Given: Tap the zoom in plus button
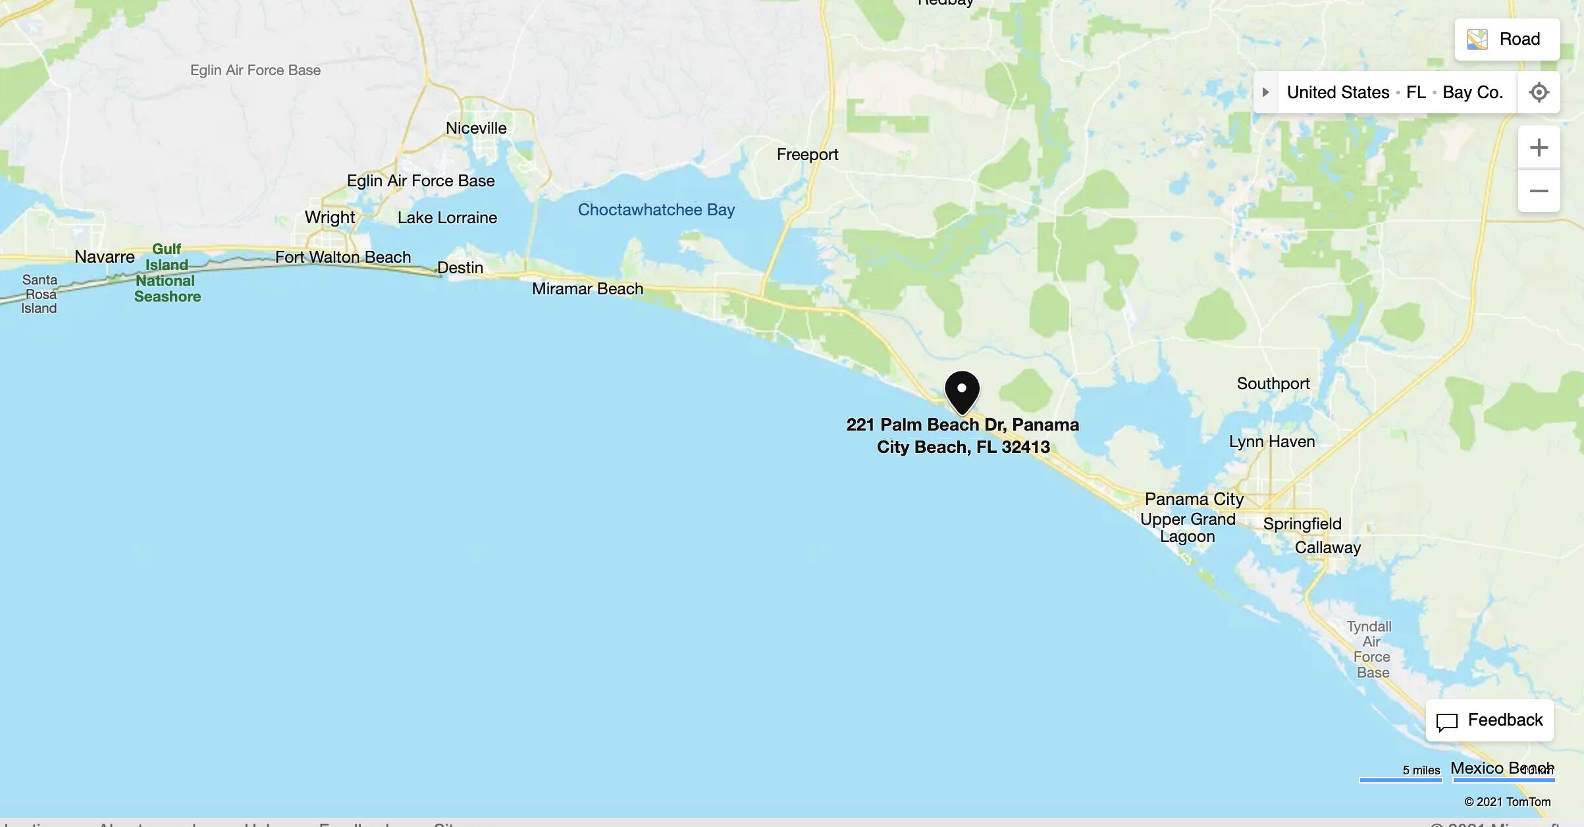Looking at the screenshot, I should point(1539,147).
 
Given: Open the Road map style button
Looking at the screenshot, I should point(1507,40).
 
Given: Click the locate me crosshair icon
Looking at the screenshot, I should point(1539,92).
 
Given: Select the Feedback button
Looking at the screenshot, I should point(1490,720).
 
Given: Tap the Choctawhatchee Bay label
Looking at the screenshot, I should point(656,210).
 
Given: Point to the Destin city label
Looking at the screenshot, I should point(460,268).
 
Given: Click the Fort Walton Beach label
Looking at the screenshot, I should point(343,257).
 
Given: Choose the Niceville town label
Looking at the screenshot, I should point(476,128).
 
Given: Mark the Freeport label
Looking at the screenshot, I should point(807,155).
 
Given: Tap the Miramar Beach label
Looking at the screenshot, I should point(587,289).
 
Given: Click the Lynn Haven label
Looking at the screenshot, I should point(1272,442).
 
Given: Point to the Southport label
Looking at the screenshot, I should point(1273,384).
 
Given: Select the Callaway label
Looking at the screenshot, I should point(1327,548).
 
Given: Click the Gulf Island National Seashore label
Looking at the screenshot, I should point(167,273).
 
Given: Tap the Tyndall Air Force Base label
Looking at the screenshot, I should point(1371,649).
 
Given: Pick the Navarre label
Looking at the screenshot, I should point(105,257).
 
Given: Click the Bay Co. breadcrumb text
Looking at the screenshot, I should point(1473,93).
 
